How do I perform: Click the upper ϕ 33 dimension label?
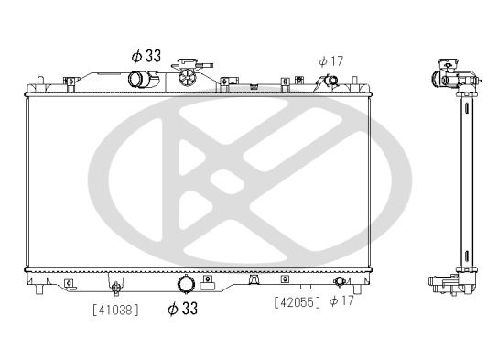(x=146, y=57)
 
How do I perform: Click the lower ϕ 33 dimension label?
(x=182, y=309)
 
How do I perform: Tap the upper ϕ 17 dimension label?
(x=330, y=60)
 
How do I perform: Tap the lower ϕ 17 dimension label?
(x=341, y=300)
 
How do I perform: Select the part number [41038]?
(x=115, y=310)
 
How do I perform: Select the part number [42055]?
(x=297, y=300)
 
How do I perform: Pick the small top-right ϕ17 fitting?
(x=332, y=82)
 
